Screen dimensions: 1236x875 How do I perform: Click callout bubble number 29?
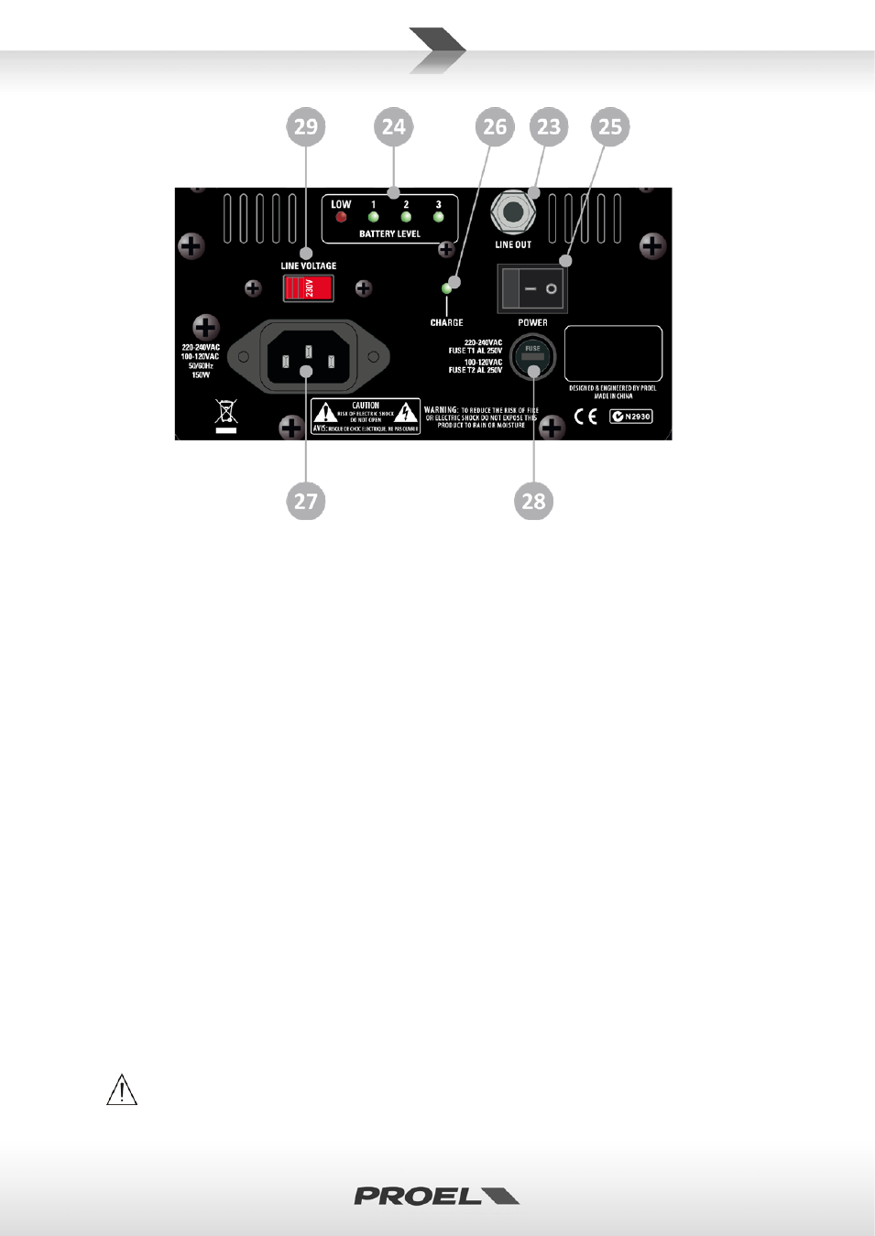pyautogui.click(x=306, y=126)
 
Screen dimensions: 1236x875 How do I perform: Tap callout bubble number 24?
pyautogui.click(x=394, y=126)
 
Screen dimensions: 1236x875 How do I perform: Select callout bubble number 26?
pyautogui.click(x=495, y=126)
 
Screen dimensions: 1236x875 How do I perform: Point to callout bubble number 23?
pyautogui.click(x=549, y=126)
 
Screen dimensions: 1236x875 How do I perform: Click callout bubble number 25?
pyautogui.click(x=610, y=126)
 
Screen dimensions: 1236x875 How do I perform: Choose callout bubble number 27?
pyautogui.click(x=306, y=501)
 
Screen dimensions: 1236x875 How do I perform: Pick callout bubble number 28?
pyautogui.click(x=533, y=501)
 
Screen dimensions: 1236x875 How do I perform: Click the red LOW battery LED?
pyautogui.click(x=341, y=217)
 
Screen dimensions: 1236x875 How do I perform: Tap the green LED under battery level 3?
pyautogui.click(x=439, y=217)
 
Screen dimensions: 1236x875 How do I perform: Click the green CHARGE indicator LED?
pyautogui.click(x=447, y=288)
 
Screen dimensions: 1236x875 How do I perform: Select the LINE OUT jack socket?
pyautogui.click(x=513, y=212)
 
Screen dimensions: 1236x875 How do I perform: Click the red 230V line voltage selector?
pyautogui.click(x=308, y=288)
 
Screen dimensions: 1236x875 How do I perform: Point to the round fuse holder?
pyautogui.click(x=532, y=357)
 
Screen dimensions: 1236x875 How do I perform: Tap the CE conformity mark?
pyautogui.click(x=585, y=417)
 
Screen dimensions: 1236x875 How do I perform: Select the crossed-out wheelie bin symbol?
pyautogui.click(x=226, y=412)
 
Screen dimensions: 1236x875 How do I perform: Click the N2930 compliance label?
pyautogui.click(x=631, y=417)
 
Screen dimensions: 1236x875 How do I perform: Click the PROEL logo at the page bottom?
pyautogui.click(x=436, y=1196)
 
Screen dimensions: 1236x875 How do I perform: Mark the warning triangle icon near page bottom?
pyautogui.click(x=122, y=1090)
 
